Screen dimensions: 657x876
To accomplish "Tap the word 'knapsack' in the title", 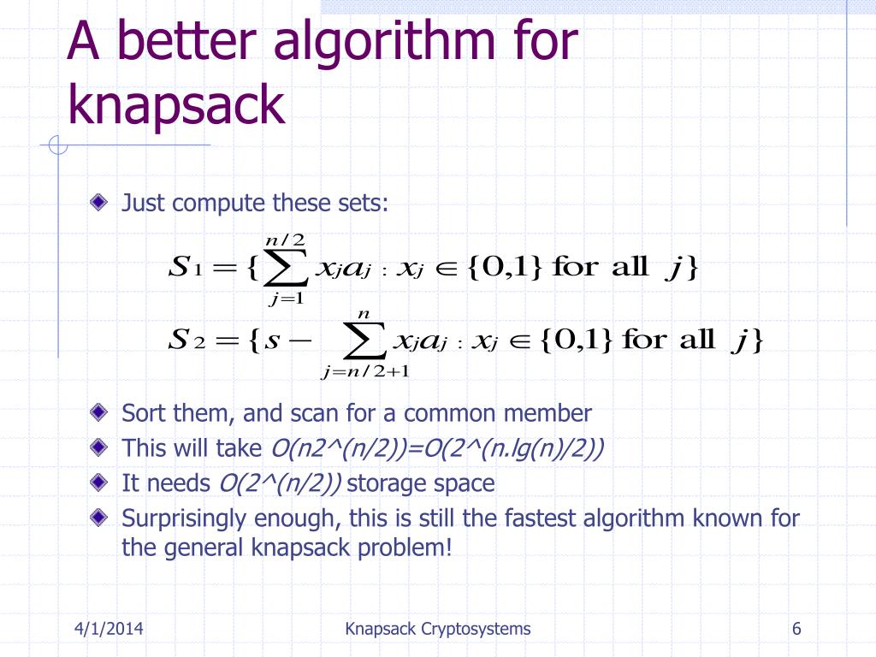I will [175, 106].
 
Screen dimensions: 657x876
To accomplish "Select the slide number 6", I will [796, 630].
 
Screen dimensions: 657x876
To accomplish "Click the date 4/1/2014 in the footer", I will [107, 630].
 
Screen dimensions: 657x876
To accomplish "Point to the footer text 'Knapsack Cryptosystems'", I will [438, 630].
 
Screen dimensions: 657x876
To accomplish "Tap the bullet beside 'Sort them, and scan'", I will [101, 413].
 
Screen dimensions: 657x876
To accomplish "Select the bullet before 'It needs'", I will [101, 483].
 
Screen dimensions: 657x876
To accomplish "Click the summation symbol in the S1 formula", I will [287, 267].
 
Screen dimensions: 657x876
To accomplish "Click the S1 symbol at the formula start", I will [185, 268].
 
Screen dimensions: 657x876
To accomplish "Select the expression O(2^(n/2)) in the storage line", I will [280, 483].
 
